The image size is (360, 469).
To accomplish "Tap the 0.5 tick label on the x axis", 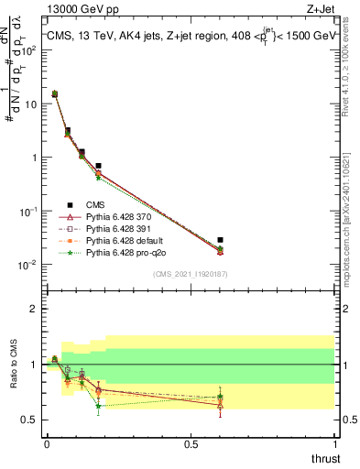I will [191, 445].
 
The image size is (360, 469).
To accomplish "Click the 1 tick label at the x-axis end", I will [333, 445].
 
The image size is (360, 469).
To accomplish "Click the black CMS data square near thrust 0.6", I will [220, 240].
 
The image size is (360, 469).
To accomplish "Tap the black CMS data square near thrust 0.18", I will [98, 166].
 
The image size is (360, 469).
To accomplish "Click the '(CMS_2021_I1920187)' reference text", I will [191, 273].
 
